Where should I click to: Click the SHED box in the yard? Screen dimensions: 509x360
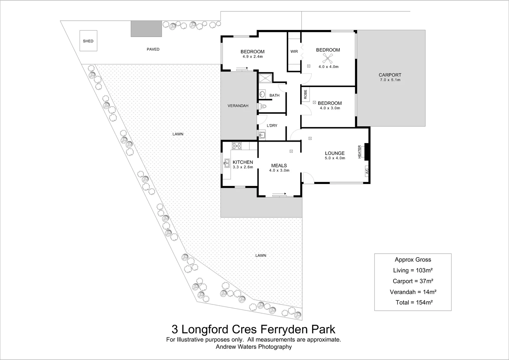click(88, 41)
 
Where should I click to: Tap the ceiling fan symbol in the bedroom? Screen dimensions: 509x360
click(328, 58)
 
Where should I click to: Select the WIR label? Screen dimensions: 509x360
click(294, 52)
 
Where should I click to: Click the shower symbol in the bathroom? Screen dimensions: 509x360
click(265, 78)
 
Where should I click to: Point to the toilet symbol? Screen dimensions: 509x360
click(261, 106)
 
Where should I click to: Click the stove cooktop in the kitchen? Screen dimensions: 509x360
click(237, 146)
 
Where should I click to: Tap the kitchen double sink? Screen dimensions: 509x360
click(227, 163)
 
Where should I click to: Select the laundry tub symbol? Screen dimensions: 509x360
click(261, 135)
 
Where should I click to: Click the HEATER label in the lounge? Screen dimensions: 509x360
click(359, 152)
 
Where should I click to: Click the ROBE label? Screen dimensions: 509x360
click(305, 94)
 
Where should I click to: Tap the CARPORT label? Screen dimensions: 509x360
click(390, 75)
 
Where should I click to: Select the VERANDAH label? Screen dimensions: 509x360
click(238, 106)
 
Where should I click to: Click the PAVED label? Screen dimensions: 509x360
click(153, 49)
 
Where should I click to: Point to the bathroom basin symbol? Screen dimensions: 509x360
click(262, 94)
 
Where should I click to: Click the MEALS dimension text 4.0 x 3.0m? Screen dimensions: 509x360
click(279, 170)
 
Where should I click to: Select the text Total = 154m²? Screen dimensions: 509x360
click(414, 302)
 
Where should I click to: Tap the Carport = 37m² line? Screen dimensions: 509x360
click(413, 281)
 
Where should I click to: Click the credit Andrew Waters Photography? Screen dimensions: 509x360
click(254, 347)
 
